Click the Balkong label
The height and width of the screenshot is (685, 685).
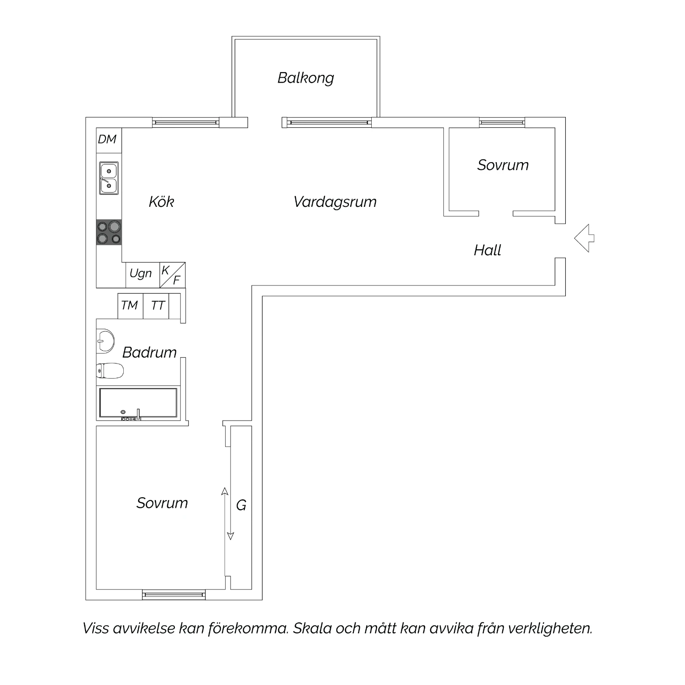[306, 78]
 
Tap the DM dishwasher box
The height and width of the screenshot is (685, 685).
[109, 140]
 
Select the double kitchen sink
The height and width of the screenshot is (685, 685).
[109, 178]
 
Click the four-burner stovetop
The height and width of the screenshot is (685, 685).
[109, 232]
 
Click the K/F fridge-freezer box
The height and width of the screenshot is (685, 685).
[173, 275]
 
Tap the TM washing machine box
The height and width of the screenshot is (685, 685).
[131, 306]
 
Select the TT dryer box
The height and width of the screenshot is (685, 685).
[156, 306]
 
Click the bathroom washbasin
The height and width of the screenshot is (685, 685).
[105, 341]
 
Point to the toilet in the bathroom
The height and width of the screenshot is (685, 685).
[110, 371]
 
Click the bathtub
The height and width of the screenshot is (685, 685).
[138, 404]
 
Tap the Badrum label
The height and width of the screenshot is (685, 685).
[149, 353]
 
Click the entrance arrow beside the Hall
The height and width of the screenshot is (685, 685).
[584, 238]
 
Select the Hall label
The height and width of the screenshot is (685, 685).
[487, 250]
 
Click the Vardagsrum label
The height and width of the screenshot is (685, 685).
[335, 202]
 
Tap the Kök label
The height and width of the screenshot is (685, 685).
[161, 201]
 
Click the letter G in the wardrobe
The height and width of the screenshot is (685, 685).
[241, 506]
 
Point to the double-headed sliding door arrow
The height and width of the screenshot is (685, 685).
[227, 514]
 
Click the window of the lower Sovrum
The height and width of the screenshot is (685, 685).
[174, 595]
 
